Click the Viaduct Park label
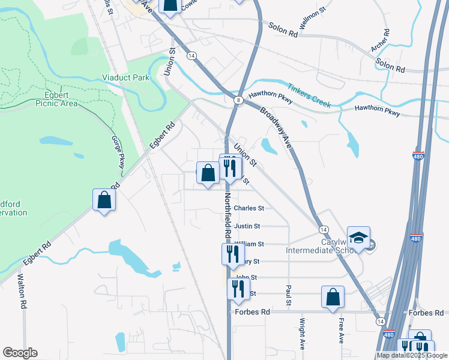125,77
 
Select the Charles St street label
249,208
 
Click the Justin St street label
247,226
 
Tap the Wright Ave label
302,336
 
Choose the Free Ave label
340,332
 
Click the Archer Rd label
381,41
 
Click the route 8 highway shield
238,101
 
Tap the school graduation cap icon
358,238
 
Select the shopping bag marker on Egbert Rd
104,200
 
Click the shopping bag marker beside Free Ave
333,297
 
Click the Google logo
20,353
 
